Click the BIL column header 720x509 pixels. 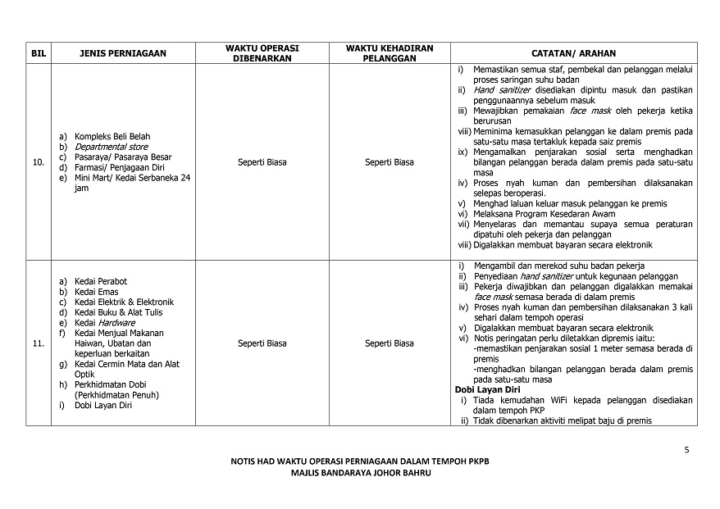click(x=38, y=53)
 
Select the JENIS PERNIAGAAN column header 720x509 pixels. click(x=123, y=53)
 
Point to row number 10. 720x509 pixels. click(x=38, y=162)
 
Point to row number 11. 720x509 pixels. click(x=38, y=343)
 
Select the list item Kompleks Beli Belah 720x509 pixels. click(x=112, y=136)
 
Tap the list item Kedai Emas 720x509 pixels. click(x=96, y=292)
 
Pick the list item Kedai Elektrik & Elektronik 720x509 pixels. click(x=124, y=302)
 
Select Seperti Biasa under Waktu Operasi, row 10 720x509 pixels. click(x=262, y=162)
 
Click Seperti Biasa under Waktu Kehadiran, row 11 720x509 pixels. click(x=390, y=343)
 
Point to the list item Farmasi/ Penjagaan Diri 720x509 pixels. click(x=120, y=167)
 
